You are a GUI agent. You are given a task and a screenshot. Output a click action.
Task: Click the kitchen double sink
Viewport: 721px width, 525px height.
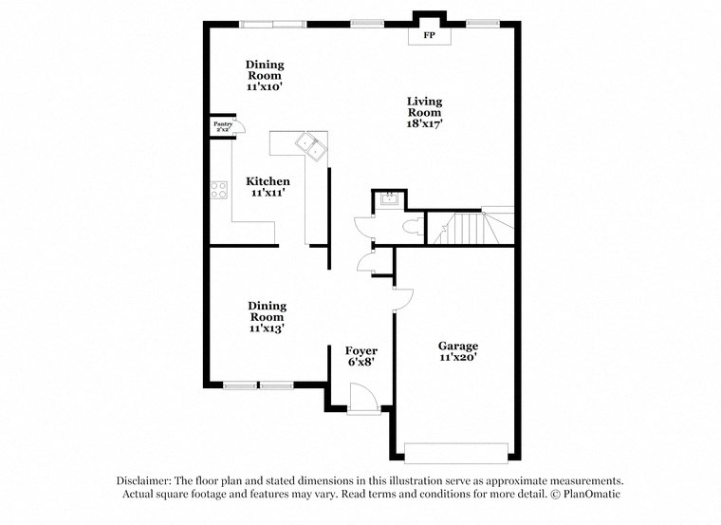click(x=311, y=145)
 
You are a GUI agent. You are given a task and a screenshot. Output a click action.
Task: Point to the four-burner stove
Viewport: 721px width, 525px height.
click(x=219, y=189)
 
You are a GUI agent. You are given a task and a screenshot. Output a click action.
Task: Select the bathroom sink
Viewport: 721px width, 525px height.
click(x=387, y=199)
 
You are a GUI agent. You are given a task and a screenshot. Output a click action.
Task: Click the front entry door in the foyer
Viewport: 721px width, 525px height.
click(x=361, y=398)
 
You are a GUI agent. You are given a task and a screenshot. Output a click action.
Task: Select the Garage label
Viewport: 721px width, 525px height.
click(x=457, y=346)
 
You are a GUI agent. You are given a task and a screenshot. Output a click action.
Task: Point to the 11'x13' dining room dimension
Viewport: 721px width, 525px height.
click(x=267, y=328)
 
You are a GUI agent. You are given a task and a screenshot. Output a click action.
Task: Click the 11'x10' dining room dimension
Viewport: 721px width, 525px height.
click(x=265, y=86)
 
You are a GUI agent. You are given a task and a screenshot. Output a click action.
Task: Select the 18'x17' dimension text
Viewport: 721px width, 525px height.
click(x=424, y=123)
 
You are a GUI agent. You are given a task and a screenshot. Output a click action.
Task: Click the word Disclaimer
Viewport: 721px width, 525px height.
click(x=147, y=481)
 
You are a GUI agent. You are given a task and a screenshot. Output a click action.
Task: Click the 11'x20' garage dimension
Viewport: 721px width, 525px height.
click(x=457, y=358)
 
